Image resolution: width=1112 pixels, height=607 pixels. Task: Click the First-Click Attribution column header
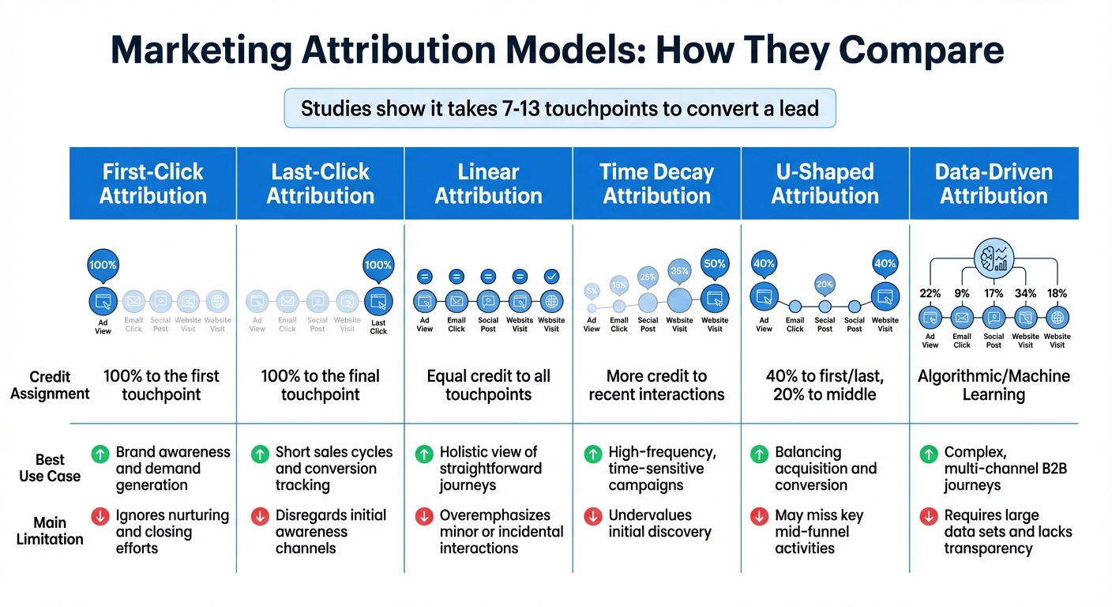click(152, 183)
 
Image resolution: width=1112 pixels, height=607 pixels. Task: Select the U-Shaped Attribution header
click(825, 183)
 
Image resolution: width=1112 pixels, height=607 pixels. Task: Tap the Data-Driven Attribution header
click(994, 183)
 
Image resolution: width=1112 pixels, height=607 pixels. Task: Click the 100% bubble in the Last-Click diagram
click(378, 266)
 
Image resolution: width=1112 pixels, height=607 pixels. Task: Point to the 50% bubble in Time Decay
click(714, 265)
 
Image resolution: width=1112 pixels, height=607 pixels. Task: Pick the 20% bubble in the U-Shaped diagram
click(825, 285)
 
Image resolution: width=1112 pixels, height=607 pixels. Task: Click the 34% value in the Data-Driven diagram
click(1025, 294)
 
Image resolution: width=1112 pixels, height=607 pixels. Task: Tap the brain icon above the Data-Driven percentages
click(993, 258)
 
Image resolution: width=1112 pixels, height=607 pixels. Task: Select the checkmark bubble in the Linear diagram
click(551, 277)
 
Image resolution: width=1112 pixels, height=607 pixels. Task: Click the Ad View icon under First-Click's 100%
click(103, 300)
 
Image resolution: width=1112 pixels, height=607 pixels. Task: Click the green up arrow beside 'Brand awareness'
click(100, 454)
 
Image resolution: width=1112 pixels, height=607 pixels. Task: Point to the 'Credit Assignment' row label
click(50, 385)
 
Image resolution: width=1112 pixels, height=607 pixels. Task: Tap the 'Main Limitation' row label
click(50, 531)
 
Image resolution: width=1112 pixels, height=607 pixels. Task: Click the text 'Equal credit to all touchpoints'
click(488, 385)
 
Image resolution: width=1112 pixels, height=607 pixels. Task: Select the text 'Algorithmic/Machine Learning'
click(994, 385)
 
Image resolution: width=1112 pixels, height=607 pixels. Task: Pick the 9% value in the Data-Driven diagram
click(962, 294)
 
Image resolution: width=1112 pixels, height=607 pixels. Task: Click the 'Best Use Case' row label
click(50, 468)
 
